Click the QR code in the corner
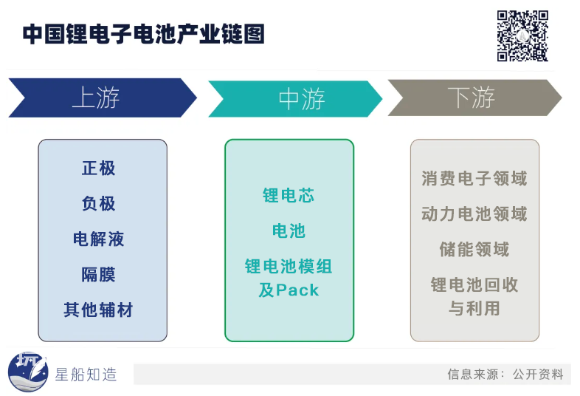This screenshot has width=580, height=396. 522,35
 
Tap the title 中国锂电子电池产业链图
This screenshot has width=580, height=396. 143,34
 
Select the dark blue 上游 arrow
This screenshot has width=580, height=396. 103,98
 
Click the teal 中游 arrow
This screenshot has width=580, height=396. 295,99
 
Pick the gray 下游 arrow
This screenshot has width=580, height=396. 474,98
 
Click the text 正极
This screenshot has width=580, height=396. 98,168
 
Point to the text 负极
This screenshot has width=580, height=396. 98,203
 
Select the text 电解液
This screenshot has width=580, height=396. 98,239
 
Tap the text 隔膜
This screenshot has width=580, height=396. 98,275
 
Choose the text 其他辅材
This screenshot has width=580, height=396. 98,310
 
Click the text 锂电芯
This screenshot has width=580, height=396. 289,195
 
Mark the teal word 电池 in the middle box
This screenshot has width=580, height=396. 289,231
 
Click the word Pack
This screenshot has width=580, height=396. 297,290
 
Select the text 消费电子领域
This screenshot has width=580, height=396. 474,178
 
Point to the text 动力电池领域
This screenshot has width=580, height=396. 474,214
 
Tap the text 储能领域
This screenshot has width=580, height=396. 474,249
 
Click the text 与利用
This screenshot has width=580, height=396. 474,308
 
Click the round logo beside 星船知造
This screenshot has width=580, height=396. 28,372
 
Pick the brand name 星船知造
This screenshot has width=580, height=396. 86,375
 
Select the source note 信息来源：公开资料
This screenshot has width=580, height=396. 505,374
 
